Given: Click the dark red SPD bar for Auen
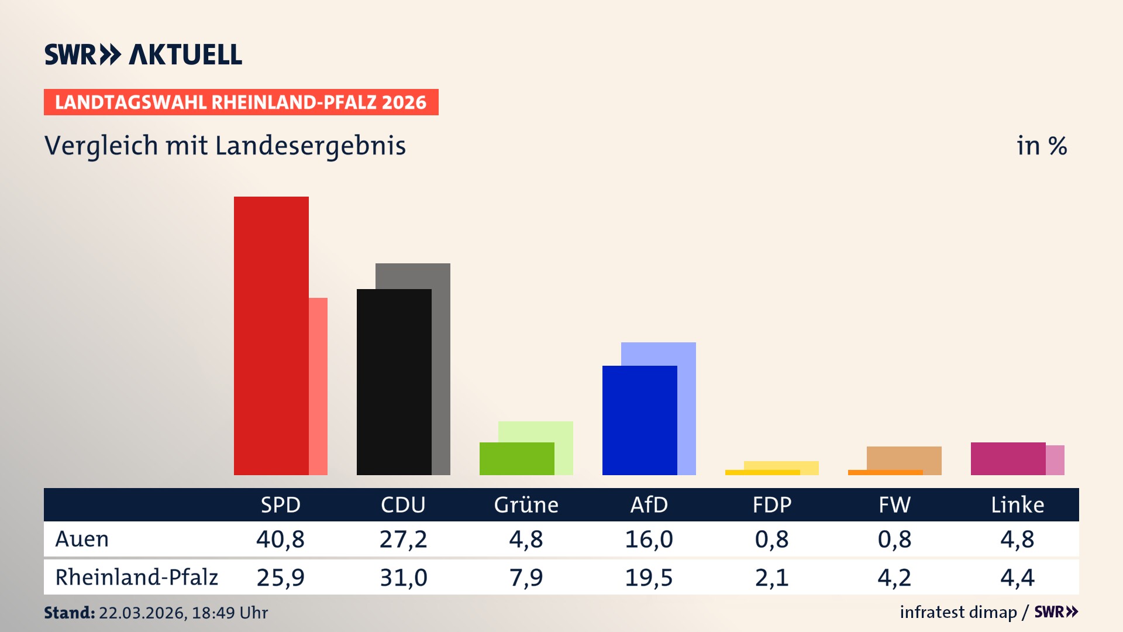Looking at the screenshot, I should point(271,336).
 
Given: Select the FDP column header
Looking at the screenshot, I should point(771,504).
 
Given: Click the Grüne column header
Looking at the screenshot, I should point(526,504).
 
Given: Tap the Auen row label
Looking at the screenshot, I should point(82,539).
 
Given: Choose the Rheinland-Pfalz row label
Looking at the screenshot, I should point(136,578).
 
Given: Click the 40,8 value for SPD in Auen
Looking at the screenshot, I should point(280,539).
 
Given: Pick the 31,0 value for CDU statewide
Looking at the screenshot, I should point(403,578).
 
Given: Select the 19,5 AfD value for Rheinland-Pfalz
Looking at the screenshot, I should point(649,578).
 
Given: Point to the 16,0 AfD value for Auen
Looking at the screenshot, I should point(649,539).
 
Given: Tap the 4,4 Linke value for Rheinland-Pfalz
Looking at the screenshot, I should point(1017,578).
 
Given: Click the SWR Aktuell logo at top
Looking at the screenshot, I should point(143,54).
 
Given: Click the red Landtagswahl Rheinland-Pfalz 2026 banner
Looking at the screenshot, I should point(241,102).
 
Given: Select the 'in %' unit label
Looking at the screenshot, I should point(1042,146).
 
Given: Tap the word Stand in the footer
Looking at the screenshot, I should point(69,613).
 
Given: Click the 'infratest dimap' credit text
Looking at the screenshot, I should point(958,612).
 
